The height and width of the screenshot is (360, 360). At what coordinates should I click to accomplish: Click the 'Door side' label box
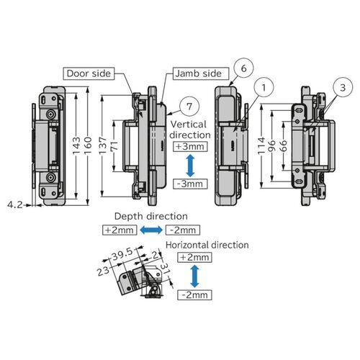(89, 73)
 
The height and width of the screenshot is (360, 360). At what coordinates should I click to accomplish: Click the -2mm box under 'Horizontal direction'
(193, 295)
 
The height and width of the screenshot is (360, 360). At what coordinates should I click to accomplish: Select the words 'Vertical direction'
(192, 130)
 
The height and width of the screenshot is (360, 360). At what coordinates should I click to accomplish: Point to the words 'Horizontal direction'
(207, 246)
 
